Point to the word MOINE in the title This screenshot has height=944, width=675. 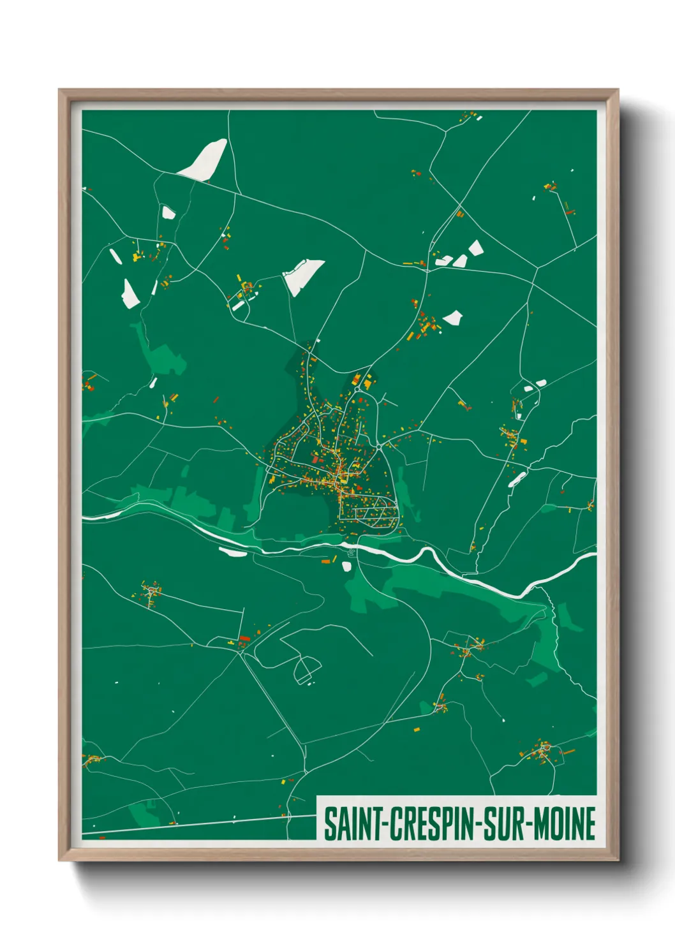point(565,824)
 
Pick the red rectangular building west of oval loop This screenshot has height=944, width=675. point(244,638)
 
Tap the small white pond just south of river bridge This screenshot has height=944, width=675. point(346,566)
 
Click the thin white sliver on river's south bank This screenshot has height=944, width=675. point(232,552)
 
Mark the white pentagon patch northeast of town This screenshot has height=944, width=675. point(453,317)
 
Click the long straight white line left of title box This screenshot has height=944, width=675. point(198,824)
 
